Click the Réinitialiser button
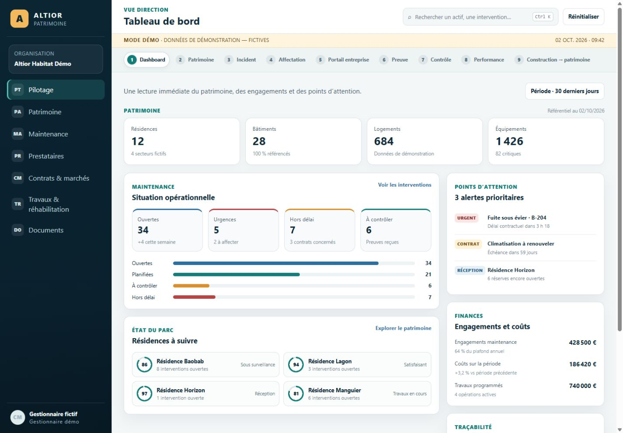pyautogui.click(x=583, y=17)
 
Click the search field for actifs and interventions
pyautogui.click(x=480, y=17)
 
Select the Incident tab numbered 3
pyautogui.click(x=240, y=60)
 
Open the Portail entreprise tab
pyautogui.click(x=342, y=60)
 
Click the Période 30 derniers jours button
pyautogui.click(x=564, y=91)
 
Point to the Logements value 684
pyautogui.click(x=384, y=141)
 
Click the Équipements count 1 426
pyautogui.click(x=509, y=141)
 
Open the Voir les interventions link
pyautogui.click(x=404, y=185)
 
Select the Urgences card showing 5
pyautogui.click(x=244, y=230)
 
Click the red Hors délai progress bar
pyautogui.click(x=194, y=297)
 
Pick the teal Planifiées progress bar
pyautogui.click(x=237, y=275)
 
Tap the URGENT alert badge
pyautogui.click(x=466, y=218)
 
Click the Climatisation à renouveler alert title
pyautogui.click(x=521, y=244)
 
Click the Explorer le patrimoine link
pyautogui.click(x=403, y=328)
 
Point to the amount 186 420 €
pyautogui.click(x=583, y=364)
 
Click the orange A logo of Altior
pyautogui.click(x=20, y=19)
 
